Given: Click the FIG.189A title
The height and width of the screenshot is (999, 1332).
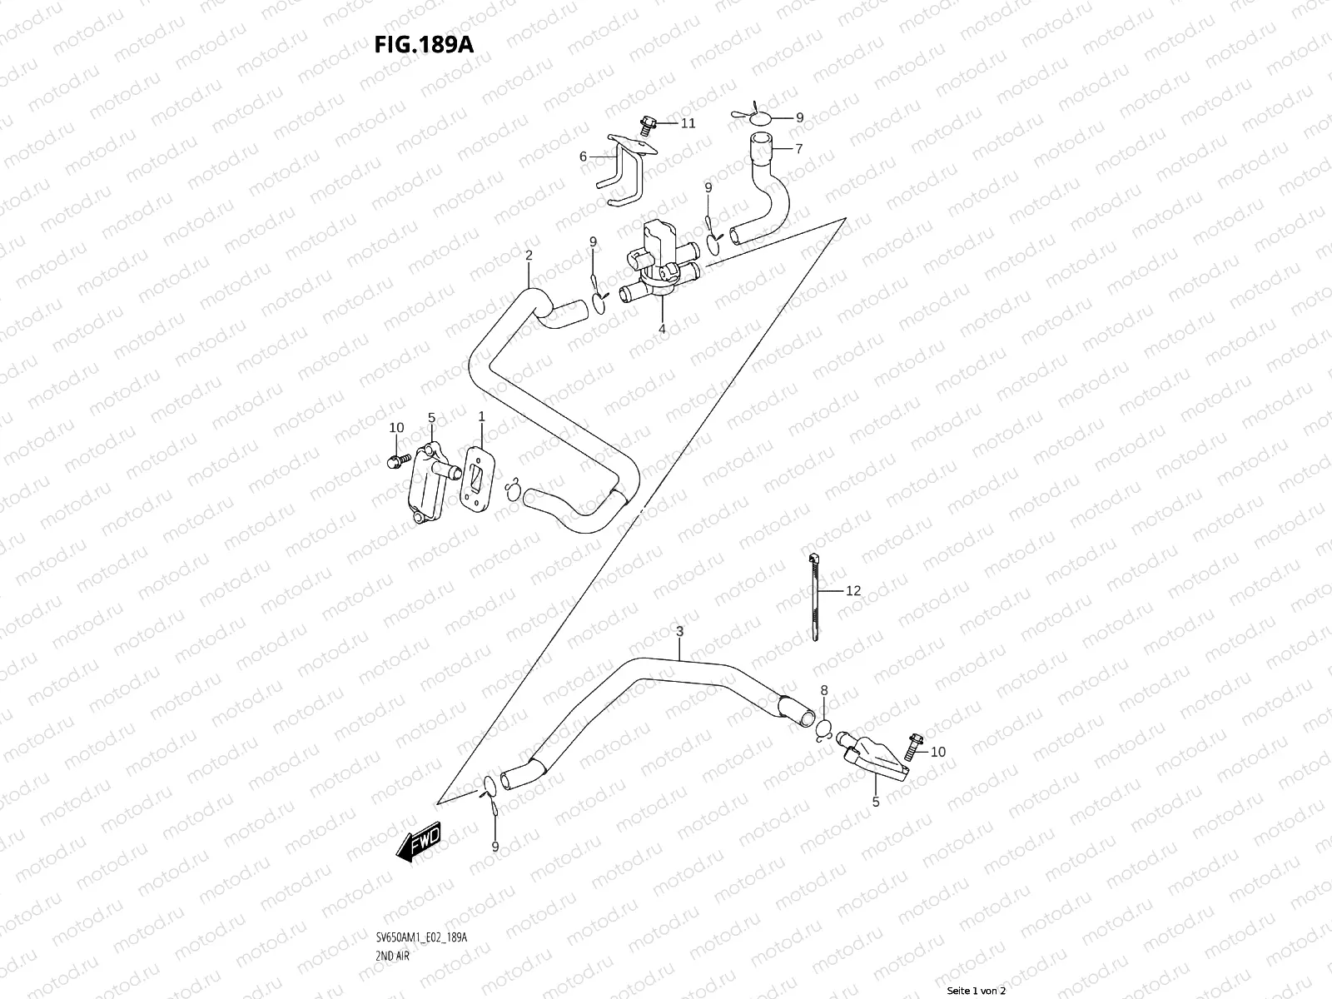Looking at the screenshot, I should [x=425, y=43].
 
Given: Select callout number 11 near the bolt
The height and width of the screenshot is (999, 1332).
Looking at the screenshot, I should [x=688, y=123].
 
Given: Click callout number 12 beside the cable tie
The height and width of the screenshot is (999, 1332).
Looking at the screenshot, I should [x=853, y=591].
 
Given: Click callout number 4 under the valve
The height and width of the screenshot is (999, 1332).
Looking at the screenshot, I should [x=663, y=329].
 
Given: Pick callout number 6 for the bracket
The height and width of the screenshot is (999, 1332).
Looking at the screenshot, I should [x=584, y=157].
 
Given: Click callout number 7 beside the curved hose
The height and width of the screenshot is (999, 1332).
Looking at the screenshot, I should [x=798, y=149].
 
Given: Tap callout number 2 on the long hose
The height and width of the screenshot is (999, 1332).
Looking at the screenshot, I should [x=529, y=255].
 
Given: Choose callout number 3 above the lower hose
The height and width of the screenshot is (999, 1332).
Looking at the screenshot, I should [x=679, y=632].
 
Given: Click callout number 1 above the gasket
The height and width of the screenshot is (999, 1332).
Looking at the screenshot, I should [x=480, y=415].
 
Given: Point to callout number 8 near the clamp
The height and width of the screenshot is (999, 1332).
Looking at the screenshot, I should [x=824, y=690].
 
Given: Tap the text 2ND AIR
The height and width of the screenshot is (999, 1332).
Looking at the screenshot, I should [x=393, y=909].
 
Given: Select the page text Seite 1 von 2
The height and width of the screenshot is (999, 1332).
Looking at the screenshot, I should [x=977, y=991].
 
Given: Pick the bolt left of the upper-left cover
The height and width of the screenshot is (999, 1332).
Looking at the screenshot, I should [x=396, y=459].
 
